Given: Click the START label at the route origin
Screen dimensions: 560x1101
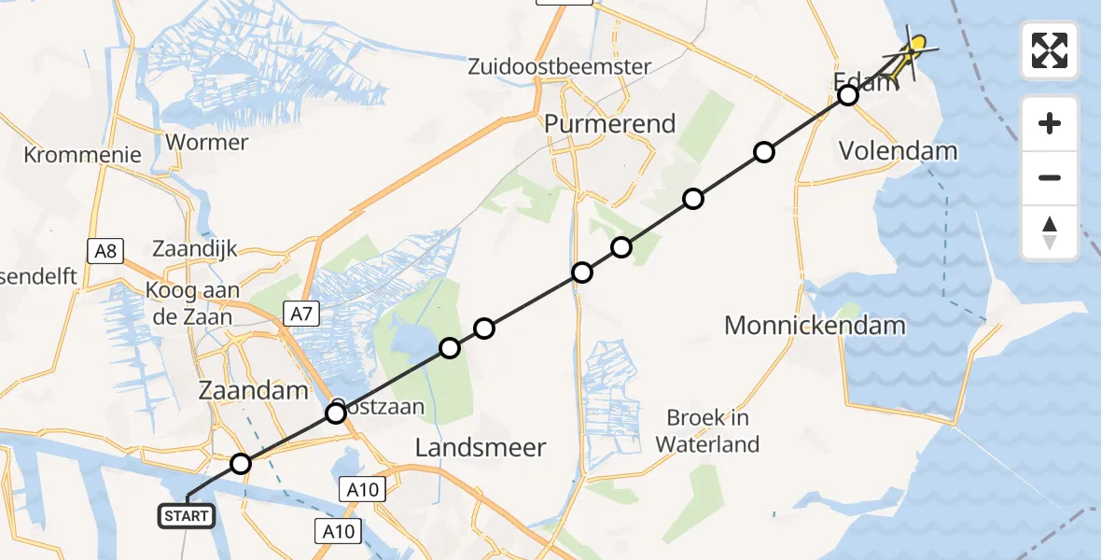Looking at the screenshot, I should click(x=188, y=515).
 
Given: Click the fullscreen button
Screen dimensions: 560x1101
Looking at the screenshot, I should click(x=1050, y=50).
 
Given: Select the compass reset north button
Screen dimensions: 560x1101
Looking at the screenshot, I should click(x=1050, y=232).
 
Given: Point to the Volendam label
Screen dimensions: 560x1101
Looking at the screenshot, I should click(x=899, y=150).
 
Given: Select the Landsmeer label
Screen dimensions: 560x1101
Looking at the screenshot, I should click(x=480, y=448).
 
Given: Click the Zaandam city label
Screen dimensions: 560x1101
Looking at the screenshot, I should click(x=254, y=391).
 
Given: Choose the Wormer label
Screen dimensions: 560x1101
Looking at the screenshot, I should click(x=205, y=143).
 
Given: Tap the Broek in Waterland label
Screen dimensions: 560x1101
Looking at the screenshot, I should click(x=707, y=431).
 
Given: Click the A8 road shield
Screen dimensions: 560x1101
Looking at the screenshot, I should click(x=106, y=250).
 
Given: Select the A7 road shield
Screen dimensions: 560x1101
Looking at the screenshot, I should click(x=300, y=315).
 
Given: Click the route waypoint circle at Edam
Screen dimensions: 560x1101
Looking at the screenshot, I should click(x=847, y=95).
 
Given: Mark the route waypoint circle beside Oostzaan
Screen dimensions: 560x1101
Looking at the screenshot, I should click(x=336, y=413).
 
